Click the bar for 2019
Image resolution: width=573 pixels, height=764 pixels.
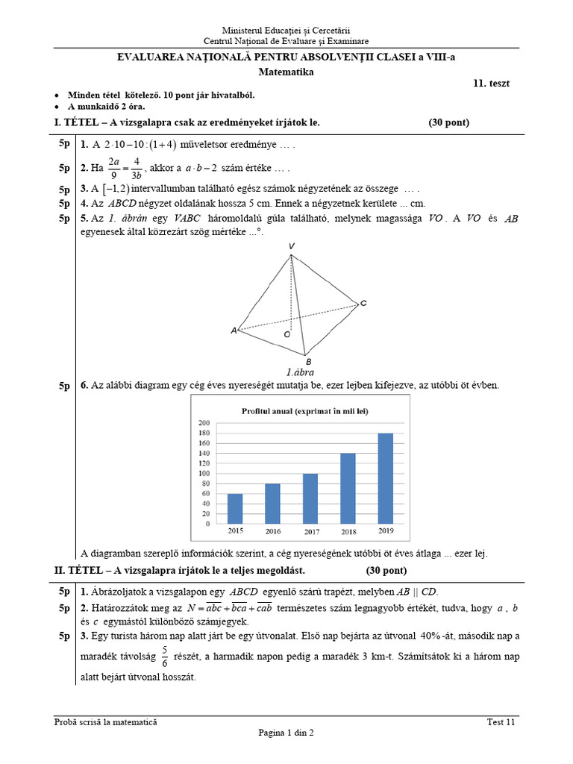point(386,477)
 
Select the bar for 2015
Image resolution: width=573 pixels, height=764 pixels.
point(234,507)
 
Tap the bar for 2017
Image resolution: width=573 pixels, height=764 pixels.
point(310,498)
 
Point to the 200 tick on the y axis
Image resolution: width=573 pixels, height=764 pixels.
point(204,423)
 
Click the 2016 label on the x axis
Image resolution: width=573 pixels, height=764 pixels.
point(272,531)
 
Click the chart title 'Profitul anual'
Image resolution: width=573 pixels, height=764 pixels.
point(304,410)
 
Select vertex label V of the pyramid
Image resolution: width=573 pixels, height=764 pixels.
point(291,246)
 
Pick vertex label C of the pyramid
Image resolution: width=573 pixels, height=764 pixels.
point(363,303)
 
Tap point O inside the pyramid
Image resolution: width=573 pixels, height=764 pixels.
point(287,335)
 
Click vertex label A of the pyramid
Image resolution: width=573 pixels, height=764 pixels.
point(234,330)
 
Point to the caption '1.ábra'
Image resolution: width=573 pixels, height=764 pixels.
point(300,372)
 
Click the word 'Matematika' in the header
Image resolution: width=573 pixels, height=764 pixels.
point(286,72)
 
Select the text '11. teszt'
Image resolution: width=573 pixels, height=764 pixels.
point(491,84)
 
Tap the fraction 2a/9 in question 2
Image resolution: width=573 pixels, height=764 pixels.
point(114,167)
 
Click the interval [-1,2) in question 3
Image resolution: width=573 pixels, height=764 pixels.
point(115,188)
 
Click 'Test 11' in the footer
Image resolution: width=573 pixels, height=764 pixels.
point(501,721)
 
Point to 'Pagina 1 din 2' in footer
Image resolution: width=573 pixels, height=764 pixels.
point(286,733)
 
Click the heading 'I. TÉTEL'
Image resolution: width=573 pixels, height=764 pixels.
point(79,122)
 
